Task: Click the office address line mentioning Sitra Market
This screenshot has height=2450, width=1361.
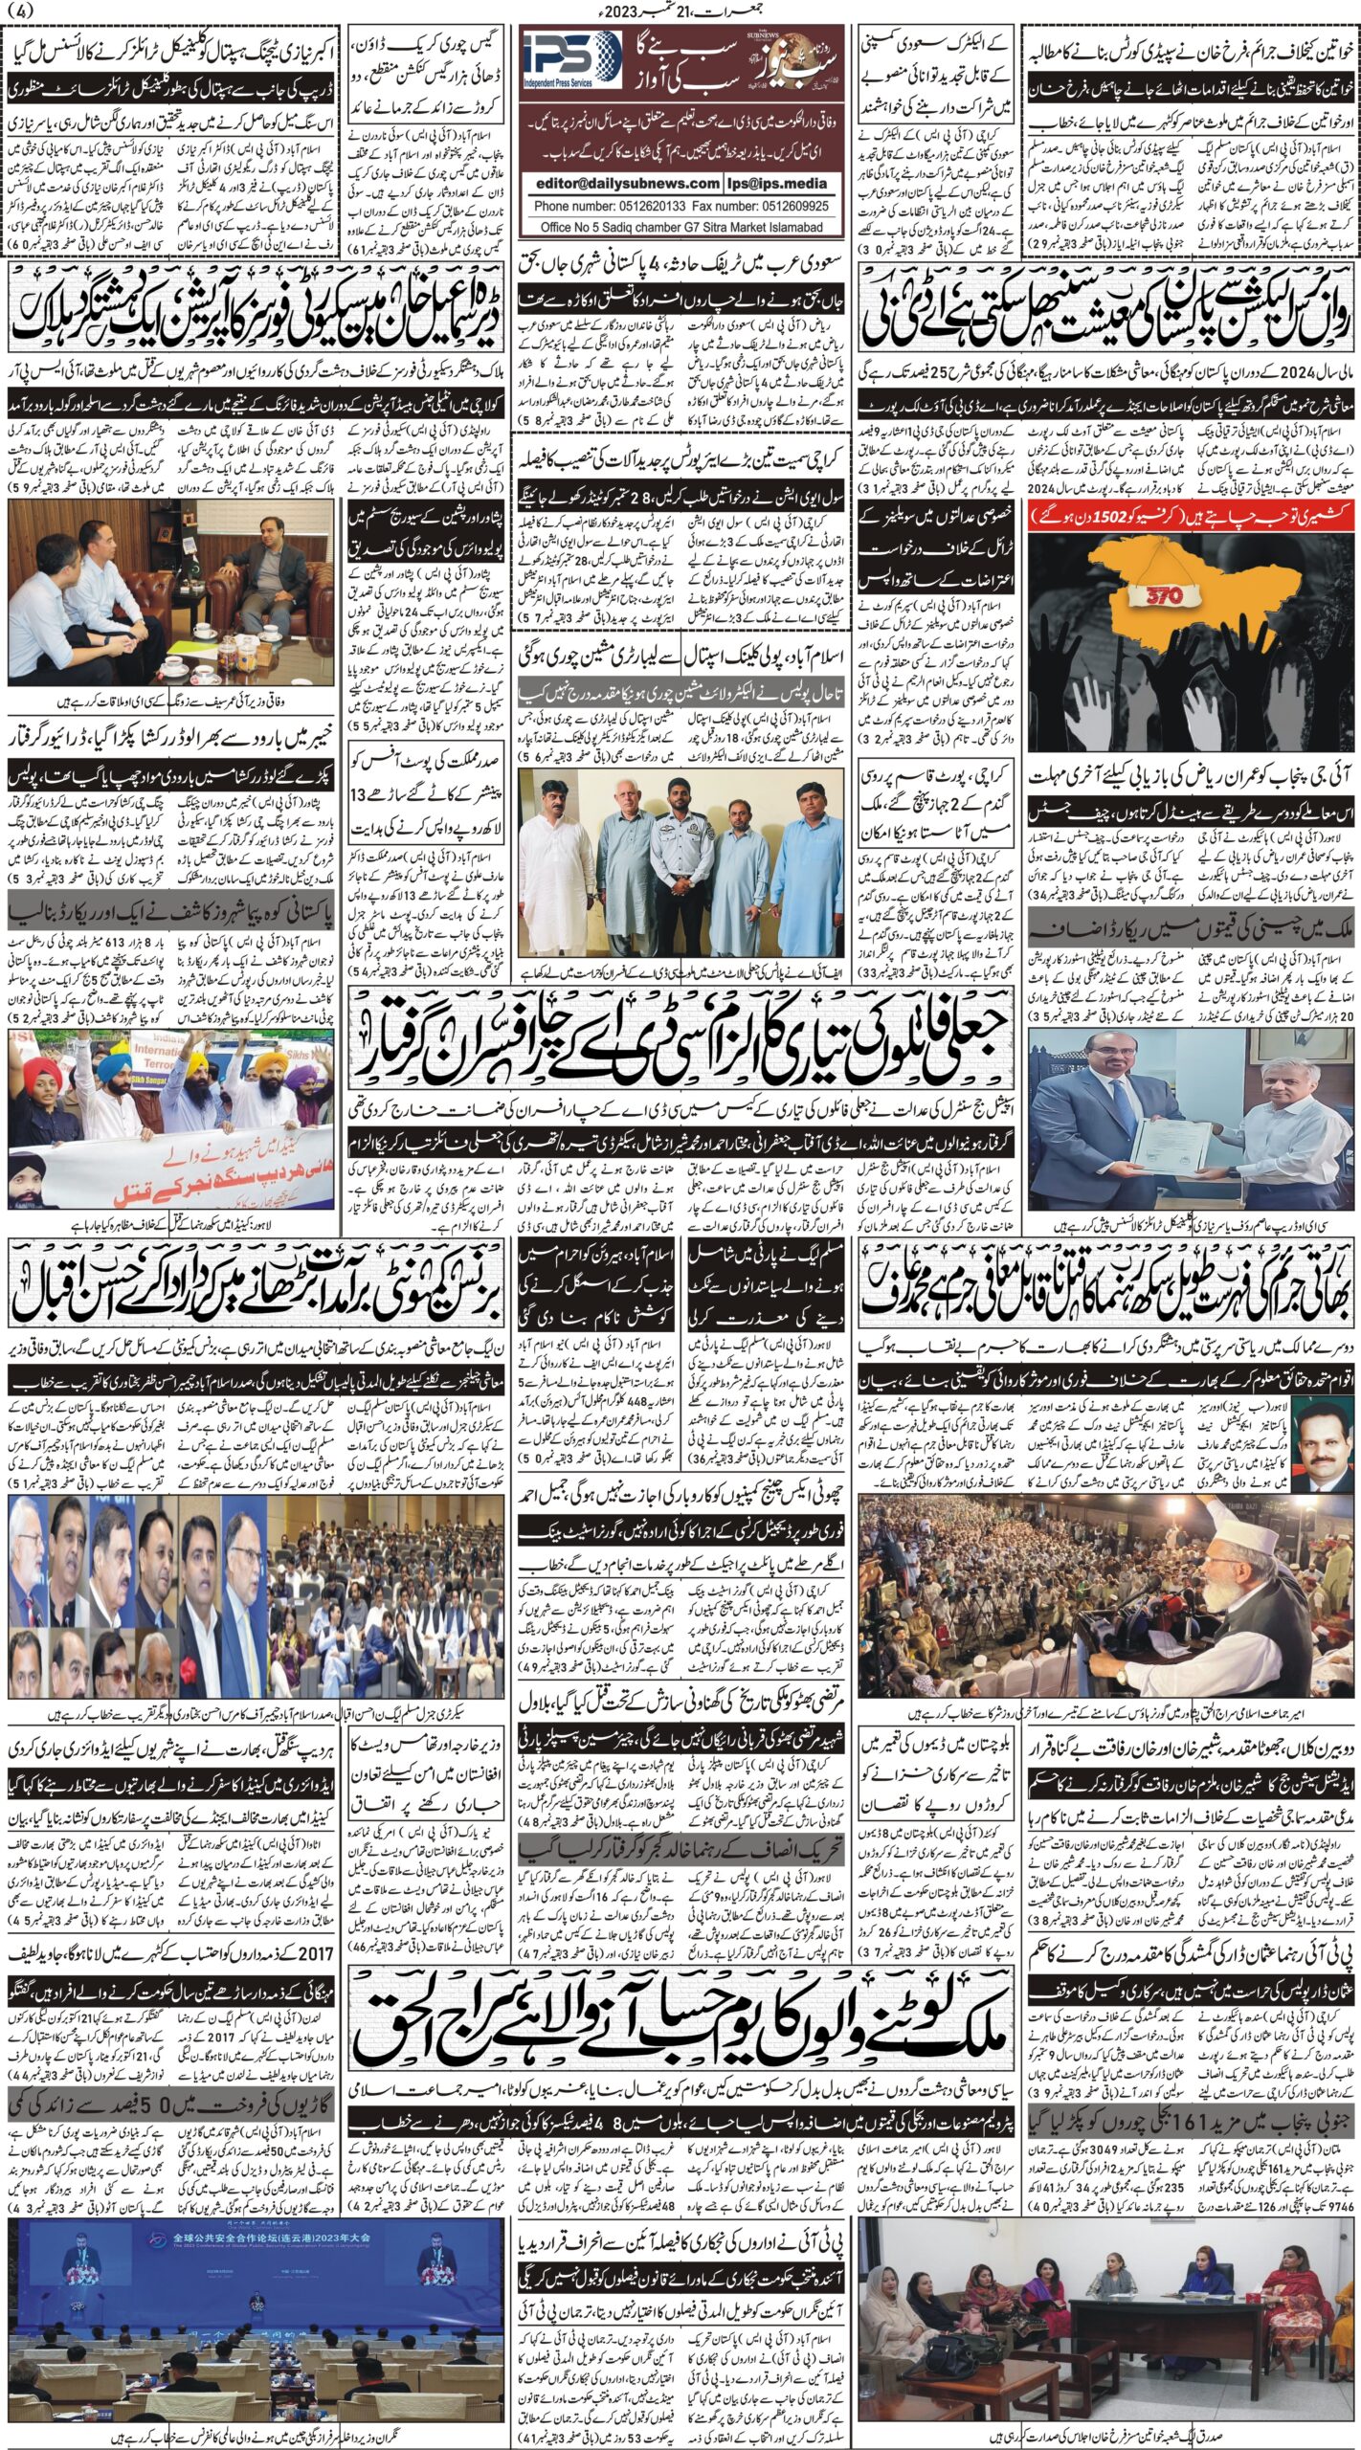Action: [681, 227]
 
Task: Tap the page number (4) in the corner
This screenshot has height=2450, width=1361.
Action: [17, 12]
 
